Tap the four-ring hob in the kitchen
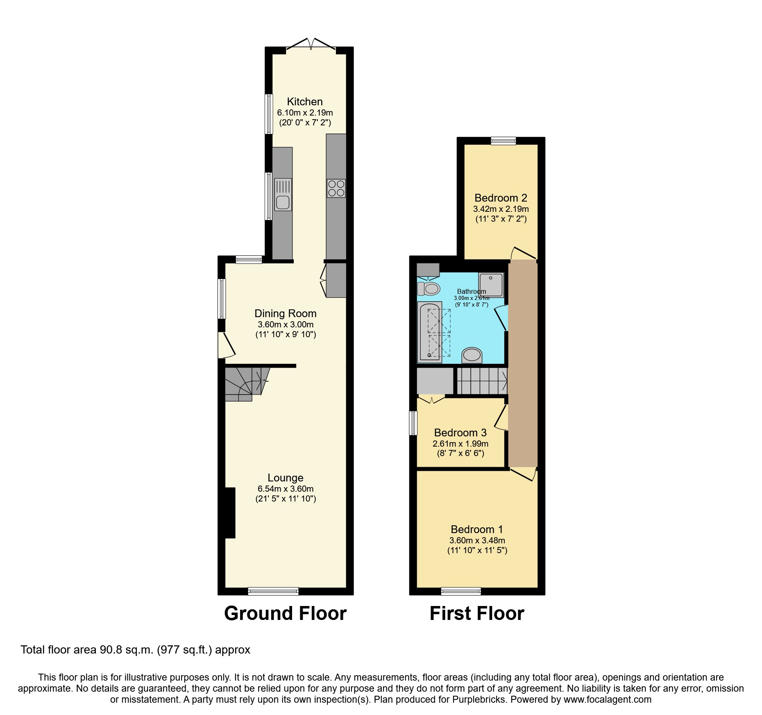tap(336, 188)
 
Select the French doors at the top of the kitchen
tap(311, 45)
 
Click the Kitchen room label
tap(304, 102)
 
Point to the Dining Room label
tap(286, 313)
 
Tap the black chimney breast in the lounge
tap(230, 512)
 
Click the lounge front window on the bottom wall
tap(273, 591)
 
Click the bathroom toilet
tap(429, 288)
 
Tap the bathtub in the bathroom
tap(429, 332)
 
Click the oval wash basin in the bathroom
tap(472, 355)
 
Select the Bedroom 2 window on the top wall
tap(503, 141)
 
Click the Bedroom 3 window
tap(413, 423)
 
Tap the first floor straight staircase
tap(482, 381)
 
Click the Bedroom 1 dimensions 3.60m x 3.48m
tap(477, 540)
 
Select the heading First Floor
tap(477, 613)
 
